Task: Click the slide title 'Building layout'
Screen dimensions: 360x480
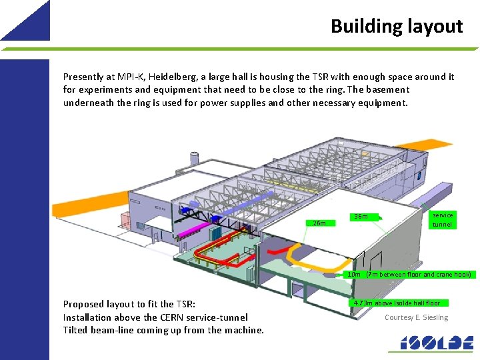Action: [396, 26]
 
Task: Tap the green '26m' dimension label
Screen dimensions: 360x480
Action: [319, 223]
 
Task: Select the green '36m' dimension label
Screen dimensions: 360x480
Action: [361, 216]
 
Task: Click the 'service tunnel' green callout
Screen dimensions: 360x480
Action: [442, 219]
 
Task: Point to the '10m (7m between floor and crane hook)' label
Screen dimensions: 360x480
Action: [411, 274]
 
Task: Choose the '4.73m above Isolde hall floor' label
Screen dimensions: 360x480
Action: [397, 303]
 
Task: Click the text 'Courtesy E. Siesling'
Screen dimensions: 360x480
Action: [416, 317]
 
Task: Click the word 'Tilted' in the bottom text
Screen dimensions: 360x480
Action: [76, 330]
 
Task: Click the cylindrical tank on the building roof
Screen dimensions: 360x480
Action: [195, 159]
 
